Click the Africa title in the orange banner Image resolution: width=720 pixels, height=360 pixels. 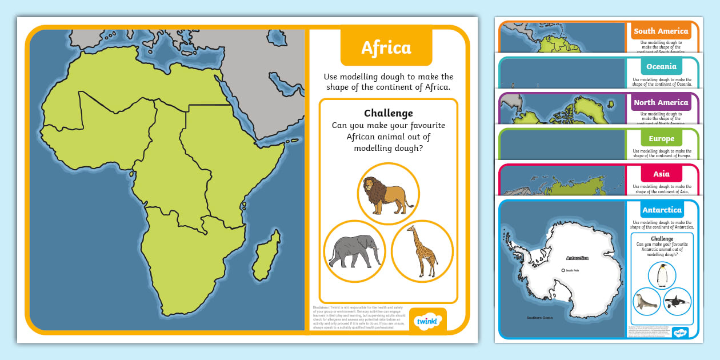click(386, 48)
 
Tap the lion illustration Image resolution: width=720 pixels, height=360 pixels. click(389, 194)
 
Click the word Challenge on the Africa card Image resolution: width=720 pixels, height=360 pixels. click(388, 113)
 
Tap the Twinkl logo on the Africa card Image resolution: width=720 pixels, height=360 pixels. click(427, 319)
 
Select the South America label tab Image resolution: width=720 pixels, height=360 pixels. click(661, 31)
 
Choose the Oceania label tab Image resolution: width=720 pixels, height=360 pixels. click(661, 67)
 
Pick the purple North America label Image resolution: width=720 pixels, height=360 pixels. click(661, 103)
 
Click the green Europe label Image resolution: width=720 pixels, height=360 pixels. click(661, 139)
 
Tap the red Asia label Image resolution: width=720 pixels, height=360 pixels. click(661, 174)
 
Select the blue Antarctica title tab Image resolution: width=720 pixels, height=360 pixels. click(662, 210)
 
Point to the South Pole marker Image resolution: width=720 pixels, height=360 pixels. click(563, 270)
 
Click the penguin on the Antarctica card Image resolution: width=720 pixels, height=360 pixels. click(662, 276)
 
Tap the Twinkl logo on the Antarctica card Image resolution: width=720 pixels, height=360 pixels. click(680, 332)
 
